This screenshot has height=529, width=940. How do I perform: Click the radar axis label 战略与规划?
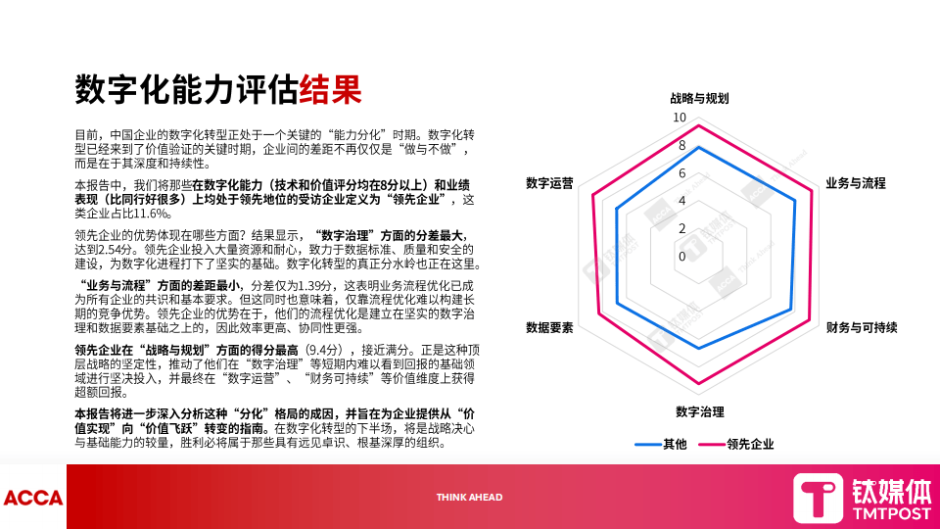[x=699, y=99]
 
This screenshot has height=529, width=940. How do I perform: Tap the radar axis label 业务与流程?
[x=855, y=183]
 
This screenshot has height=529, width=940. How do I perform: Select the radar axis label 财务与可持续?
[x=861, y=327]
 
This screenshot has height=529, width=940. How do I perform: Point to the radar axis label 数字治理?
[x=699, y=411]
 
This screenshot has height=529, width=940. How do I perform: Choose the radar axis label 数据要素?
[x=549, y=327]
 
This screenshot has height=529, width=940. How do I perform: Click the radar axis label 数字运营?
[x=549, y=183]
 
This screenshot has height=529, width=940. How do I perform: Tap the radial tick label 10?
[x=680, y=118]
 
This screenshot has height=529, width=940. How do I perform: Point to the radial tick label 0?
[x=682, y=256]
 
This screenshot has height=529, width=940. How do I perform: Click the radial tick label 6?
[x=682, y=173]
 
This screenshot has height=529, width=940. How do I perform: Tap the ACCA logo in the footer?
[x=32, y=498]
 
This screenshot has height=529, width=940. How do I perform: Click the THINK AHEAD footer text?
[x=469, y=498]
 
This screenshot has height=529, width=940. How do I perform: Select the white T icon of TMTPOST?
[x=818, y=498]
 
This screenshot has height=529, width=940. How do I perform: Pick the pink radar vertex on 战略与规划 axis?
[x=699, y=126]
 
